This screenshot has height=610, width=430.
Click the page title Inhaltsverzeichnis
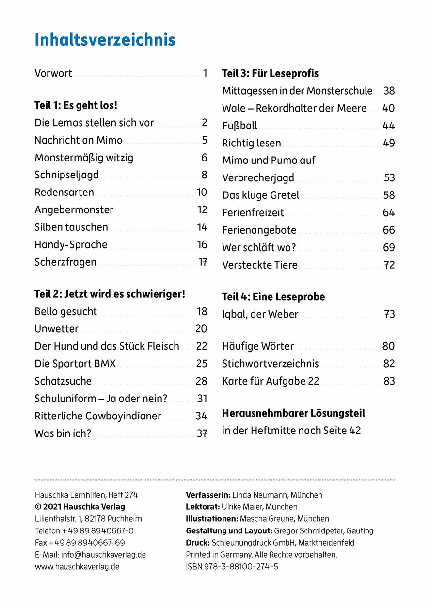click(105, 40)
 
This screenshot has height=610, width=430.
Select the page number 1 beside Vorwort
click(205, 73)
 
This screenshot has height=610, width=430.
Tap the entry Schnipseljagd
click(66, 175)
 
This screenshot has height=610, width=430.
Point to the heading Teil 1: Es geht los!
click(76, 105)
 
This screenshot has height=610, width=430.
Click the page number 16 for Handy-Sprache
click(202, 244)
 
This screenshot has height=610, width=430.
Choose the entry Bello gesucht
click(65, 311)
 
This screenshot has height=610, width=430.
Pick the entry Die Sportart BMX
click(75, 364)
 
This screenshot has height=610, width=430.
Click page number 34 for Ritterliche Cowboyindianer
click(202, 416)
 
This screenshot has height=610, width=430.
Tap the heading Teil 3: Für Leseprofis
click(270, 73)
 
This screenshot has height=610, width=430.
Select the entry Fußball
click(239, 126)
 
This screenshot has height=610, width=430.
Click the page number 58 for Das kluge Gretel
click(389, 195)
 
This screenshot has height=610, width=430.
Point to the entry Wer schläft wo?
click(259, 248)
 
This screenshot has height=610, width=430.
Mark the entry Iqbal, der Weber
click(260, 314)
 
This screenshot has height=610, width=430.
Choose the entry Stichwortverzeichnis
click(271, 364)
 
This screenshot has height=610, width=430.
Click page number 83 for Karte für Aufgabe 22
click(389, 381)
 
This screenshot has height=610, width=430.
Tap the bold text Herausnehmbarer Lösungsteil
click(293, 414)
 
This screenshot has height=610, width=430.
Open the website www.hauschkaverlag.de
click(77, 566)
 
